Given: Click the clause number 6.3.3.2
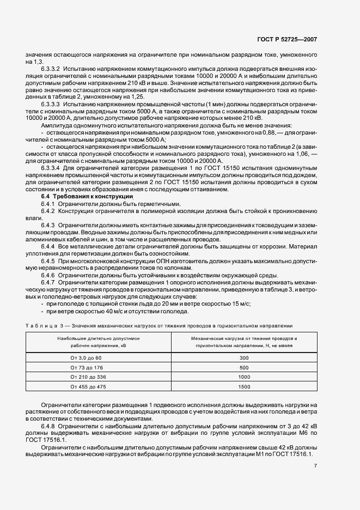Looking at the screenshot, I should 51,70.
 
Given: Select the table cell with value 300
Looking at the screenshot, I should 243,357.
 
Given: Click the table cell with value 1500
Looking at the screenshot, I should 243,386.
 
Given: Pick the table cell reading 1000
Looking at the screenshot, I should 243,377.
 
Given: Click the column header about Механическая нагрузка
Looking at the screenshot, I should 243,342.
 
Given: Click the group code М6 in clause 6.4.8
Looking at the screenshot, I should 303,432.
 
